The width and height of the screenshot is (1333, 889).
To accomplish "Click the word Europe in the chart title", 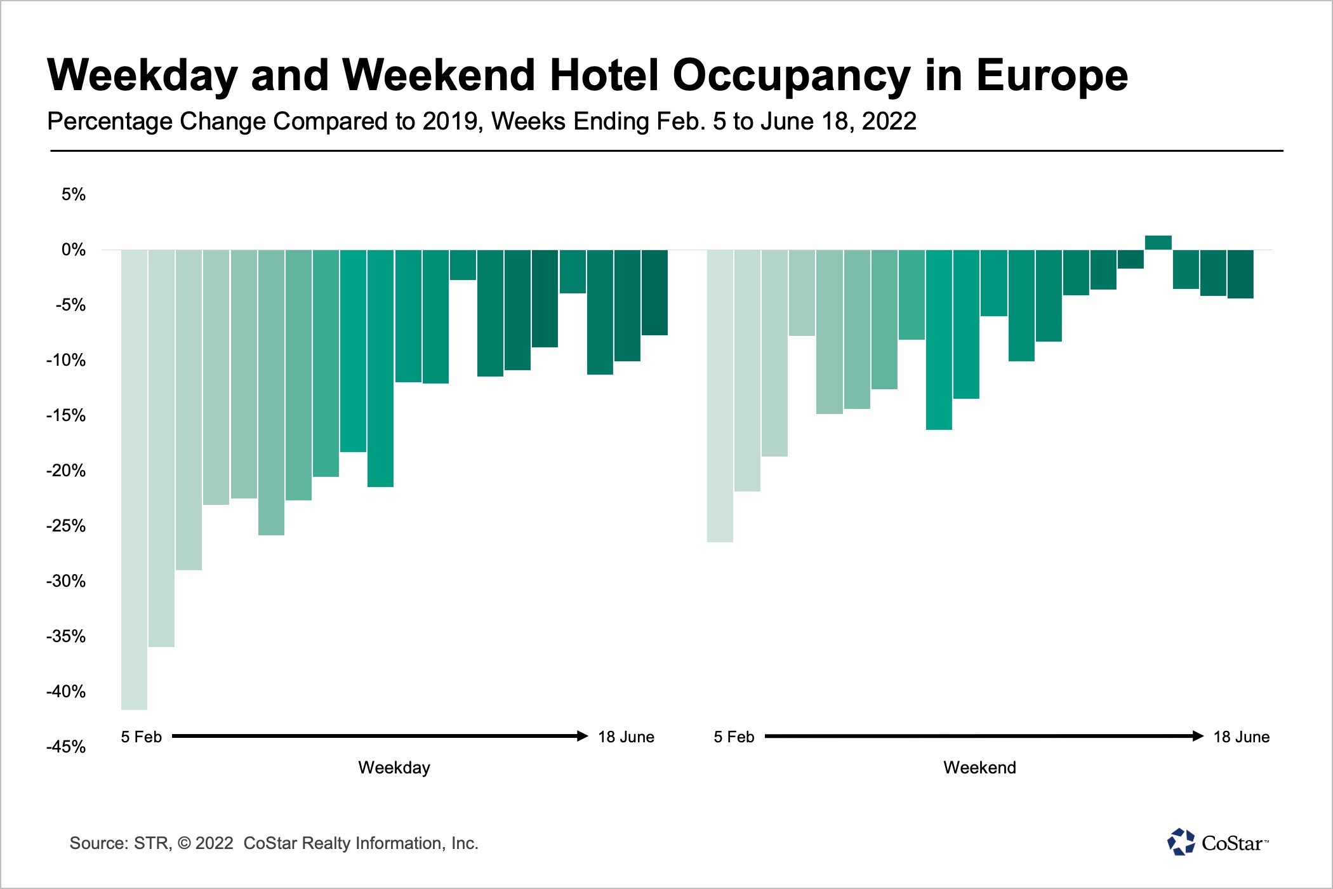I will click(1051, 76).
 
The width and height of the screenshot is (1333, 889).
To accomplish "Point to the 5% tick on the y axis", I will click(73, 194).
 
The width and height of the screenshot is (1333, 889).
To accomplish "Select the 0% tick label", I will click(73, 250).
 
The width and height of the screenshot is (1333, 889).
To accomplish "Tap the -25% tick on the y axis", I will click(66, 526).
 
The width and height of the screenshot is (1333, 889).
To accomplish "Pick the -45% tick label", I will click(66, 747).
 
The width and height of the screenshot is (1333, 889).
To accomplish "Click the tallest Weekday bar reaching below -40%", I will click(134, 479).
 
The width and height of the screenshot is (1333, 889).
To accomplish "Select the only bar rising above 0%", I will click(1158, 243).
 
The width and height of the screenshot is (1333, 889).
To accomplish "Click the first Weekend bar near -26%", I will click(720, 396).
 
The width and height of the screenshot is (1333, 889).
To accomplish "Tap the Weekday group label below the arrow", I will click(394, 768).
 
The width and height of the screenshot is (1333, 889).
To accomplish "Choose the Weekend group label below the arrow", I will click(979, 768).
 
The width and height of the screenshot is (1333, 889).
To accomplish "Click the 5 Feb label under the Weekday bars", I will click(141, 737).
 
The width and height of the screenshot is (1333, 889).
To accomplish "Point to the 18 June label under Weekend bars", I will click(1241, 737).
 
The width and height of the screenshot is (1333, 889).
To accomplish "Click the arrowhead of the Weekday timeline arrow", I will click(583, 736).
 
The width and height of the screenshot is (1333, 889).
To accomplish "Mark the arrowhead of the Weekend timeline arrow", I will click(1198, 736).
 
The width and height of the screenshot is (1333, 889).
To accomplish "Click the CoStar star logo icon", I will click(1181, 842).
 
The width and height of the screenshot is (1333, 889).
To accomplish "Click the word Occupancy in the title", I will click(791, 76).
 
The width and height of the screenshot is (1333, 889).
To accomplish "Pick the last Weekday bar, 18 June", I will click(654, 292).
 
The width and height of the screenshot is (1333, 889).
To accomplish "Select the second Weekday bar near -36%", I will click(161, 448).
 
